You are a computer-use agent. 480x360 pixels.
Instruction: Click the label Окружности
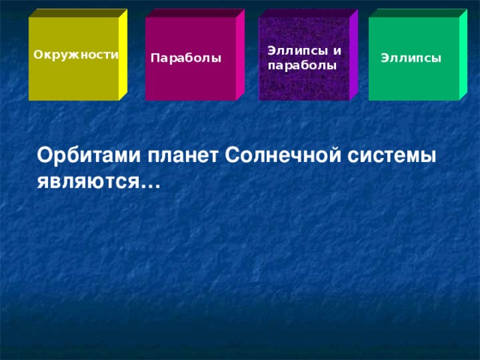point(76,55)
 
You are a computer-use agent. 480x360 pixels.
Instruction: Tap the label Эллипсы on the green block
point(410,58)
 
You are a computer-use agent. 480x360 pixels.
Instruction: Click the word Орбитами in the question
point(88,156)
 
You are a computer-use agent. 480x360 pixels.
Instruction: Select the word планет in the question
point(184,156)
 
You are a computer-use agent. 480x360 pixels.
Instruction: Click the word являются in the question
point(93,181)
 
